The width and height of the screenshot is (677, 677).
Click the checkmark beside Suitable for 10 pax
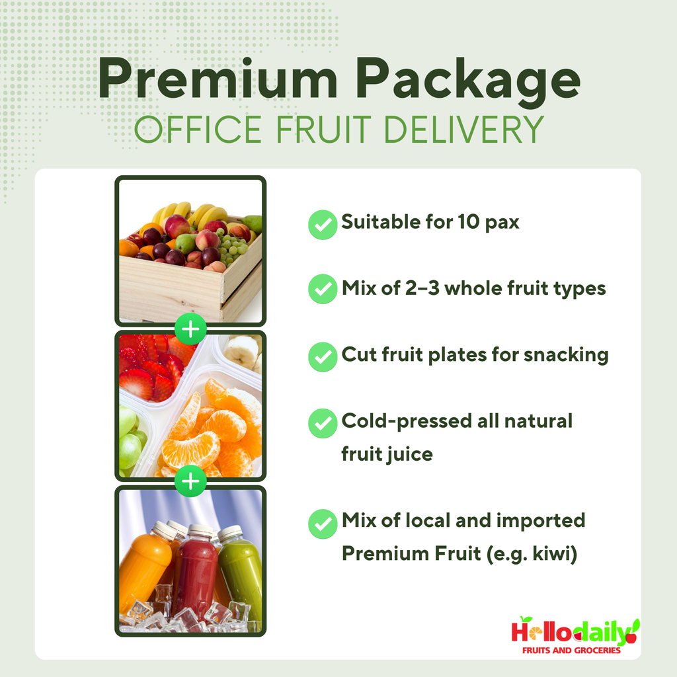[323, 225]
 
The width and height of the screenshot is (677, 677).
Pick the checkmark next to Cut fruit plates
[323, 357]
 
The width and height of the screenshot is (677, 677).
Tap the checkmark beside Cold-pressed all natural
[323, 423]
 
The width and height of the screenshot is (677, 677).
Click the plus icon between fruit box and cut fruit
[190, 329]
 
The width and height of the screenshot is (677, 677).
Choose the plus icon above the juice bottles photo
[190, 482]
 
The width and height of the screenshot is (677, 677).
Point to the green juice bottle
[241, 572]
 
